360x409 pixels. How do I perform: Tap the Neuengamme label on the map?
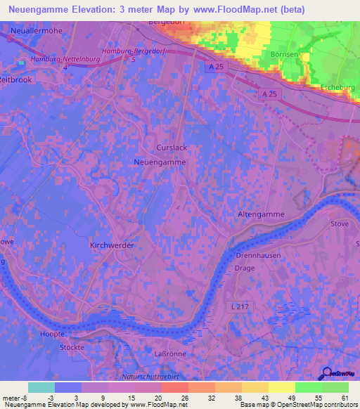coord(160,162)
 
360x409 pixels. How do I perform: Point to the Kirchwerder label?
coord(112,245)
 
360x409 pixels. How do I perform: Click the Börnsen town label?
coord(285,53)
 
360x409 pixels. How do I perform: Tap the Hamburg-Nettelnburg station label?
coord(60,59)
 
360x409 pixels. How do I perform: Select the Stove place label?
coord(340,223)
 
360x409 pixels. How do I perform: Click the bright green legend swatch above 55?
coord(309,387)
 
